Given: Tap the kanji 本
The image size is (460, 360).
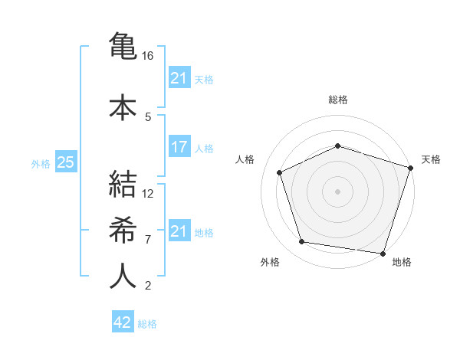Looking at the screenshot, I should (x=123, y=106).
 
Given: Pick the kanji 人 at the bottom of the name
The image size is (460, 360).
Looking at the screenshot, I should (x=123, y=276).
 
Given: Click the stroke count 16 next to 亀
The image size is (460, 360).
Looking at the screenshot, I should (x=149, y=56).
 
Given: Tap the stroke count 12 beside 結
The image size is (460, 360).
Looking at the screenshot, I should (x=149, y=194).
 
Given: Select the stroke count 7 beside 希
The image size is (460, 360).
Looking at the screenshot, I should (x=148, y=239).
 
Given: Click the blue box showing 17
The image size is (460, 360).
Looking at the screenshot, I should (x=179, y=147).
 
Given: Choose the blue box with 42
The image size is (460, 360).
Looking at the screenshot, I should (x=123, y=322).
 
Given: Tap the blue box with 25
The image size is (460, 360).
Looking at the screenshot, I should (x=65, y=162).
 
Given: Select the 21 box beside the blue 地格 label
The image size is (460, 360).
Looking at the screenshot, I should (x=179, y=231).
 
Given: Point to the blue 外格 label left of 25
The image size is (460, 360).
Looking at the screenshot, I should (x=41, y=163).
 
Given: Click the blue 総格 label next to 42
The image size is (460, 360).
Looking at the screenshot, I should (x=147, y=323).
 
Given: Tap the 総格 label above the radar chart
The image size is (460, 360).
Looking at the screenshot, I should (x=337, y=100).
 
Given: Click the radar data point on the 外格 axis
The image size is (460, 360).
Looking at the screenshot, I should (x=301, y=242).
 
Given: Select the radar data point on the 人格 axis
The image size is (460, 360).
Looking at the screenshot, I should (x=280, y=172).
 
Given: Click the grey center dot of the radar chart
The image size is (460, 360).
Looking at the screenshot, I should (x=337, y=191).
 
